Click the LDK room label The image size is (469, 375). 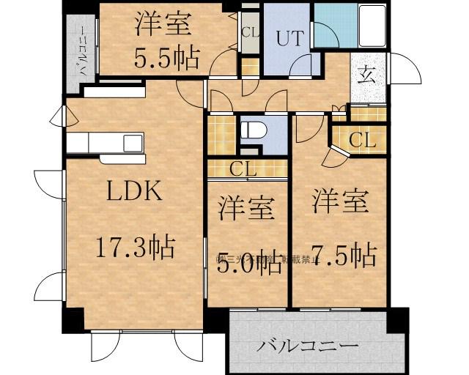pos(135,192)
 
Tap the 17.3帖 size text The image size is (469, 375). pos(135,248)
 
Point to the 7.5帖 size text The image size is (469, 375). pos(341,256)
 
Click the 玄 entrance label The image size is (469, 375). pos(367,74)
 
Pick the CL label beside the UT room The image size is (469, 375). pos(250,33)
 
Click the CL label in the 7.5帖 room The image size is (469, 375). pos(361,140)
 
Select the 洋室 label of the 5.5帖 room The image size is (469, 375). pos(163,25)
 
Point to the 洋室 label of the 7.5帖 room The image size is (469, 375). pos(341,201)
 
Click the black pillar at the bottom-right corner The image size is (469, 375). pos(398,319)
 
